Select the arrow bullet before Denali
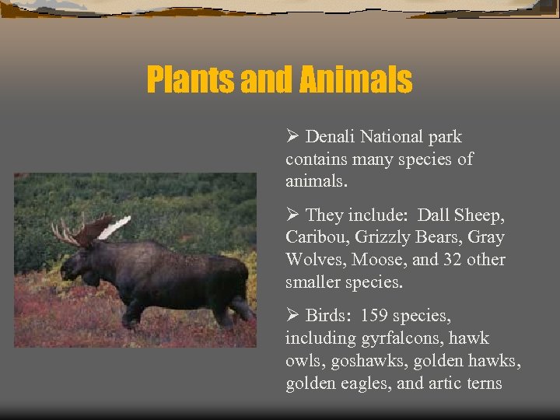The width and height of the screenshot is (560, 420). pyautogui.click(x=292, y=137)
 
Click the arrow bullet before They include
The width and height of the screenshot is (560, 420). pyautogui.click(x=292, y=215)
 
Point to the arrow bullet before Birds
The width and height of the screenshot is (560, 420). pyautogui.click(x=292, y=316)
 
